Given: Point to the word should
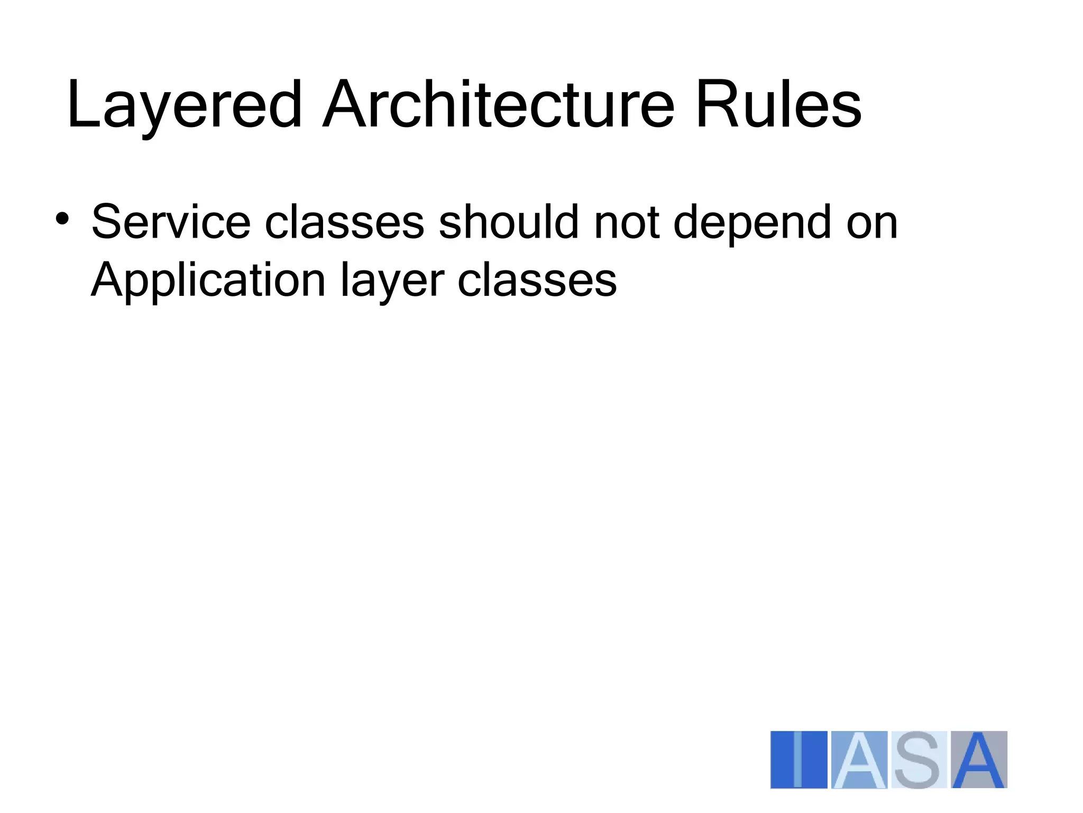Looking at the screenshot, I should pyautogui.click(x=509, y=222).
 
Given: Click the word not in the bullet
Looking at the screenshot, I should pyautogui.click(x=627, y=222).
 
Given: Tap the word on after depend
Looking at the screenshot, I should pyautogui.click(x=872, y=223).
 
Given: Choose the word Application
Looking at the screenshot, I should pyautogui.click(x=208, y=281).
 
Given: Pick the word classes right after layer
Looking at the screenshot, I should pyautogui.click(x=537, y=280).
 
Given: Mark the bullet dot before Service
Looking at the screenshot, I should pyautogui.click(x=62, y=219).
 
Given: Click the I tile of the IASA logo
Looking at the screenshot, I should pyautogui.click(x=799, y=760).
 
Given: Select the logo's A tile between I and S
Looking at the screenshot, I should pyautogui.click(x=859, y=760).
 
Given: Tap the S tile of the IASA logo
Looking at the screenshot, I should pyautogui.click(x=919, y=760).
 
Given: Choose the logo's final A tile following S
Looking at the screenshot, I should pyautogui.click(x=979, y=760).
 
